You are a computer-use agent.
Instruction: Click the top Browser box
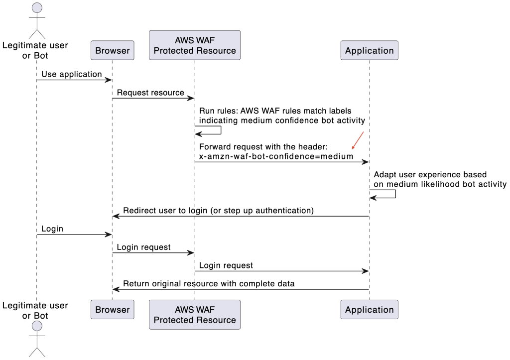point(113,50)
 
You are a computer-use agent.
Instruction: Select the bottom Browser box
point(113,309)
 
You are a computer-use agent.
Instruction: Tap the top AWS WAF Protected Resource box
point(195,45)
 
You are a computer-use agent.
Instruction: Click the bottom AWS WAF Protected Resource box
point(195,315)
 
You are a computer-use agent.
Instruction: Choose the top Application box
point(369,50)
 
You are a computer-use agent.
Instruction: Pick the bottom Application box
point(369,309)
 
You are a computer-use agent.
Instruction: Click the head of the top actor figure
point(36,8)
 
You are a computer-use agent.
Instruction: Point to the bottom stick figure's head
point(36,327)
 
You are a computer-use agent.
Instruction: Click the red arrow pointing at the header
point(358,140)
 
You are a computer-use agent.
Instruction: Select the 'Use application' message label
point(71,74)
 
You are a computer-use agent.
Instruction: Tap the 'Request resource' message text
point(150,93)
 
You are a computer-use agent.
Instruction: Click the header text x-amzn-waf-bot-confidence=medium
point(276,156)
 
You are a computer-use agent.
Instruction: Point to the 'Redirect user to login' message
point(218,210)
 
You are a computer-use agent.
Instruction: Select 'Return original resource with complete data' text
point(209,283)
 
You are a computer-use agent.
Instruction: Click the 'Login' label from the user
point(52,229)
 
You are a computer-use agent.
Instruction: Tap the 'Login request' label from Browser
point(143,247)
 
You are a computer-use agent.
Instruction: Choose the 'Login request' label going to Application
point(226,265)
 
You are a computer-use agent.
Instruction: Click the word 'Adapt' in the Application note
point(385,174)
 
